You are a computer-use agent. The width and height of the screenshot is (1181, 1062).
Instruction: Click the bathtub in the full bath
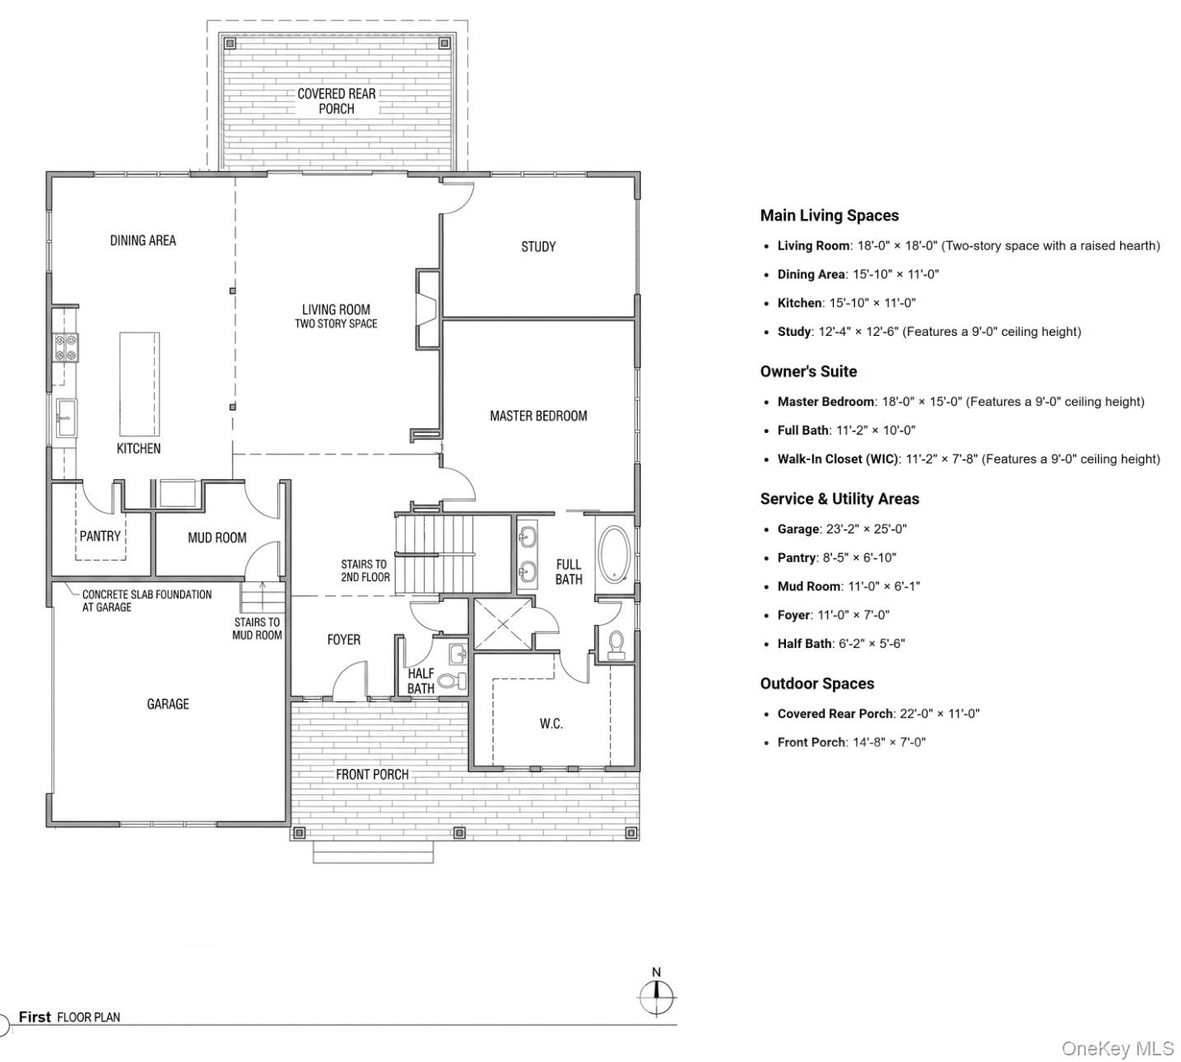614,554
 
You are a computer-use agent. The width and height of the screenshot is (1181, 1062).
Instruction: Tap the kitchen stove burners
66,347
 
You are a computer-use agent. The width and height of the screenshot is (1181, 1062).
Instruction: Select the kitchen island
140,384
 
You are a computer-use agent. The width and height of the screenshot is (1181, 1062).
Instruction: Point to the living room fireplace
428,310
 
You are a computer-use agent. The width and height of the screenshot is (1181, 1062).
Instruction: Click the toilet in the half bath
452,681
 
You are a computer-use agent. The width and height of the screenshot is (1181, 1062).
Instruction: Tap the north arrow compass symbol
657,997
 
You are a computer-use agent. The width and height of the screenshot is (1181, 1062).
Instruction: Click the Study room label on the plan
538,247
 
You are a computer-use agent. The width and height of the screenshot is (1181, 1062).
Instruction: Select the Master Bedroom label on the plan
538,416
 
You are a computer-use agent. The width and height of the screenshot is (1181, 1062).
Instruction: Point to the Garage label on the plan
168,704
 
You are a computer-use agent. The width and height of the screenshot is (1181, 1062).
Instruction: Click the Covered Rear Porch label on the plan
336,101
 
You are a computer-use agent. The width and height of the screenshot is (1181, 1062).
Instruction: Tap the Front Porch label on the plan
372,775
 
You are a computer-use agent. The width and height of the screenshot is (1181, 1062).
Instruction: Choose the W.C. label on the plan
551,724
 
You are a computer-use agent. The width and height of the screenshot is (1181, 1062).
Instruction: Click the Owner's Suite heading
808,371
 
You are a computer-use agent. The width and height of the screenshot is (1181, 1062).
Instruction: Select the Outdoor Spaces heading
817,684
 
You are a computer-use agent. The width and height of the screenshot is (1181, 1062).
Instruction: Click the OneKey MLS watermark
1118,1049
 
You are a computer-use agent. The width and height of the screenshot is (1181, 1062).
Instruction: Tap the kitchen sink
66,418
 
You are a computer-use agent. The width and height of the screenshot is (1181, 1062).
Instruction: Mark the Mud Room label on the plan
217,538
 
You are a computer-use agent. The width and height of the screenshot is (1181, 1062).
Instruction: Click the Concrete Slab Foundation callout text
146,601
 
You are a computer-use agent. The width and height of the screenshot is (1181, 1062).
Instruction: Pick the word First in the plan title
35,1017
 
